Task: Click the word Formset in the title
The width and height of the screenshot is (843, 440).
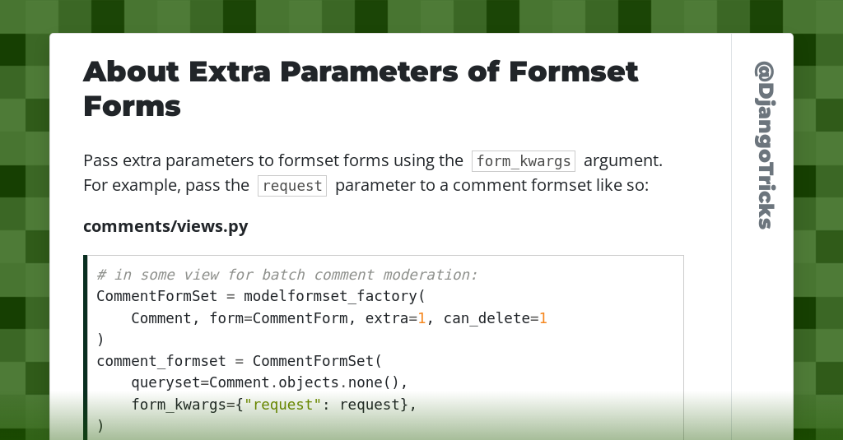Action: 573,72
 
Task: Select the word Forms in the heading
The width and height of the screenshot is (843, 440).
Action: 132,106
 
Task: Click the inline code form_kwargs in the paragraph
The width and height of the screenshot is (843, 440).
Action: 523,160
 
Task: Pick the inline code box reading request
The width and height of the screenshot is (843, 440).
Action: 292,186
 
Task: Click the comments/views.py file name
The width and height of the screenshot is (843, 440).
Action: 165,226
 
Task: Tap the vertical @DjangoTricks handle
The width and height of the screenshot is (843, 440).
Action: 763,145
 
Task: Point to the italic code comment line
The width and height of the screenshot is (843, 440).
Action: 287,275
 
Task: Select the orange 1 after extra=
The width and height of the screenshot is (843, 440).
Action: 421,317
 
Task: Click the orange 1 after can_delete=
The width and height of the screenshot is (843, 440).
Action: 543,317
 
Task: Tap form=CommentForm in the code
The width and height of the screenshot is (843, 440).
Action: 278,317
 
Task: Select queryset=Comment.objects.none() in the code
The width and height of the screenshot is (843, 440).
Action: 269,382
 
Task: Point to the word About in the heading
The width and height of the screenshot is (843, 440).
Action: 131,72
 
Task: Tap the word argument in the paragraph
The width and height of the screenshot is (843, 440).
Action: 623,160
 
